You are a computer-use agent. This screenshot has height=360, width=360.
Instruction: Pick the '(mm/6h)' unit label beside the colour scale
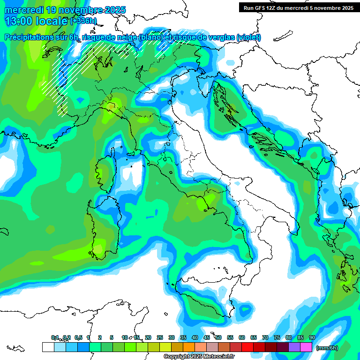(326, 347)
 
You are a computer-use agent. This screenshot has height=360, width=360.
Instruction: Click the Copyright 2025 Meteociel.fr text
(199, 357)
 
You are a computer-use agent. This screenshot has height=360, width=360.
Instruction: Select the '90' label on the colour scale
(312, 337)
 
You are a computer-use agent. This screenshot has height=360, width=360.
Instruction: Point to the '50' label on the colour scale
(218, 337)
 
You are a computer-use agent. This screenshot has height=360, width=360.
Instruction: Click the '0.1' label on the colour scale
(54, 337)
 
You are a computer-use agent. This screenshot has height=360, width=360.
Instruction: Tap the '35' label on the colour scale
(183, 337)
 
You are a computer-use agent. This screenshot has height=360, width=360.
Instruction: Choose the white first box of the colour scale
(48, 347)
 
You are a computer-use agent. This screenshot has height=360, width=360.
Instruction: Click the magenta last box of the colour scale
(306, 347)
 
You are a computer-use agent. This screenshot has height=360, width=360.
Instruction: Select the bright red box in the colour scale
(247, 347)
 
